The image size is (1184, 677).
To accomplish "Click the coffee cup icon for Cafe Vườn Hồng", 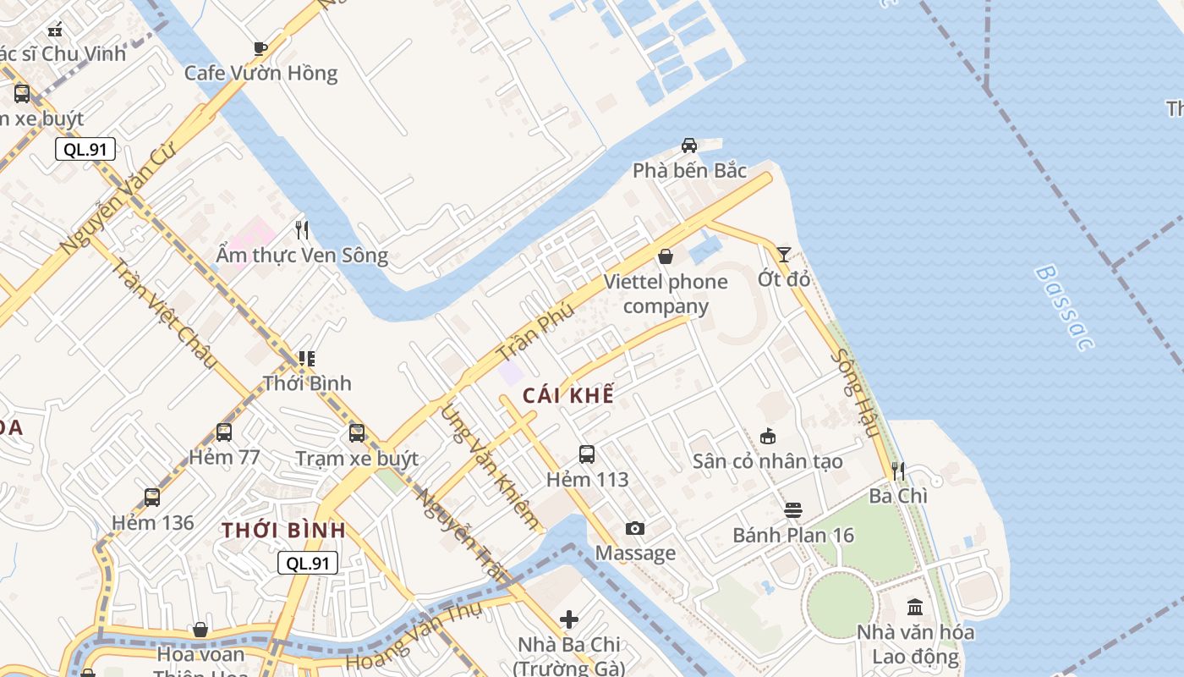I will pos(260,48).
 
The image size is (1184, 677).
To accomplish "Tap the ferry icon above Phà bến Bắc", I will pos(689,146).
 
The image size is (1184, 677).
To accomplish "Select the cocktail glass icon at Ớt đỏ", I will pos(784,254).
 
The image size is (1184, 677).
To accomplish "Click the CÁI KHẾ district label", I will pos(568,395).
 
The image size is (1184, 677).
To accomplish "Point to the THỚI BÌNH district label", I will pos(283,531).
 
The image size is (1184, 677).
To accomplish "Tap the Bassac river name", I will pos(1064,307).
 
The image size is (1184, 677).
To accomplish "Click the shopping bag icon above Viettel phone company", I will pos(666,256).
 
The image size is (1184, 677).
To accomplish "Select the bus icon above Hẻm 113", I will pos(587,454).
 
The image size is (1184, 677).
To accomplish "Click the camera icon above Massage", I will pos(634,529).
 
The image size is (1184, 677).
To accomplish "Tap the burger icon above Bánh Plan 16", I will pos(792,510).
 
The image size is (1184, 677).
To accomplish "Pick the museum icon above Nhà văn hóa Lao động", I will pos(914,607).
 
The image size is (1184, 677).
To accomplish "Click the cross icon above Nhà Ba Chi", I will pos(569,619).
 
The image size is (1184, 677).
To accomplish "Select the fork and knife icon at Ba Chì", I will pos(898,471).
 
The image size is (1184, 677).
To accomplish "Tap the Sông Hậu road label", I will pos(854,393).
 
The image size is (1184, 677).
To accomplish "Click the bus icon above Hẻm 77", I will pos(224,432).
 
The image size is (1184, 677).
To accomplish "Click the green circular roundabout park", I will pos(839,604).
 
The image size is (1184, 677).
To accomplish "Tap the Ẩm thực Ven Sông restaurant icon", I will pos(302,229).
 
